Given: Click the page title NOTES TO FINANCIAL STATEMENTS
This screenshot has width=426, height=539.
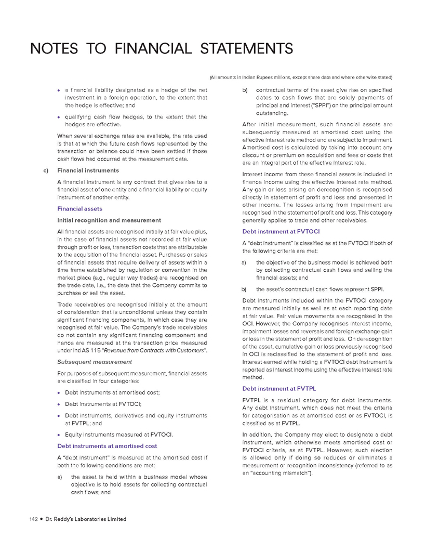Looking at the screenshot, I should tap(161, 49).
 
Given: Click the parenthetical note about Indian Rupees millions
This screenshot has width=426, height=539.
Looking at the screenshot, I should tap(301, 77).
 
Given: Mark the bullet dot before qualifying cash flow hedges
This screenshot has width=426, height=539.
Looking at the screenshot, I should tap(59, 117).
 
